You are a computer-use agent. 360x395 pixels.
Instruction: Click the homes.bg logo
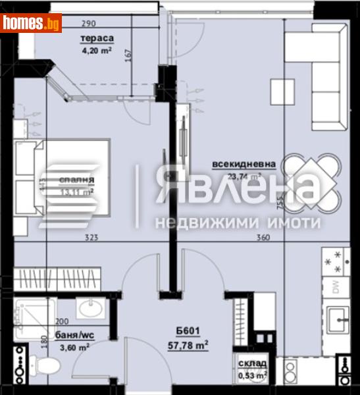(x=31, y=24)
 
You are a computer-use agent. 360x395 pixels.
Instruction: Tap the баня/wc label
(x=72, y=336)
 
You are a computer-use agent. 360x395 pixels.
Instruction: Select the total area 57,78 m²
(x=187, y=344)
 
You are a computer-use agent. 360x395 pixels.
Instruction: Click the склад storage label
(x=251, y=363)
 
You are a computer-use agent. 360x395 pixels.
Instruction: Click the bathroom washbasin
(x=88, y=307)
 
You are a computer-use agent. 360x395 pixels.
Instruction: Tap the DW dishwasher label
(x=335, y=286)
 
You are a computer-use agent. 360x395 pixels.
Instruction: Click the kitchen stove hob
(x=335, y=260)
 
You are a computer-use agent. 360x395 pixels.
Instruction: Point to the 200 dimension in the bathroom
(x=61, y=322)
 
